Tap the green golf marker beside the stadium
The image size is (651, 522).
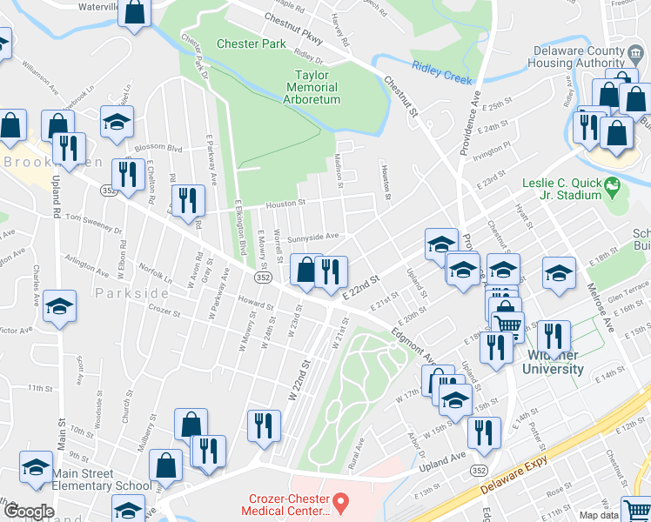click(613, 184)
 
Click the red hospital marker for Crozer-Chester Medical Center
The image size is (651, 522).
click(341, 503)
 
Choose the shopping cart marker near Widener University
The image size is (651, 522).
click(508, 324)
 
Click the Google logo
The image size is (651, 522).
click(29, 512)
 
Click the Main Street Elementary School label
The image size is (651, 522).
click(95, 479)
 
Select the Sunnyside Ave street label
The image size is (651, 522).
click(312, 236)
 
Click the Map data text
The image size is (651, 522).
click(622, 515)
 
